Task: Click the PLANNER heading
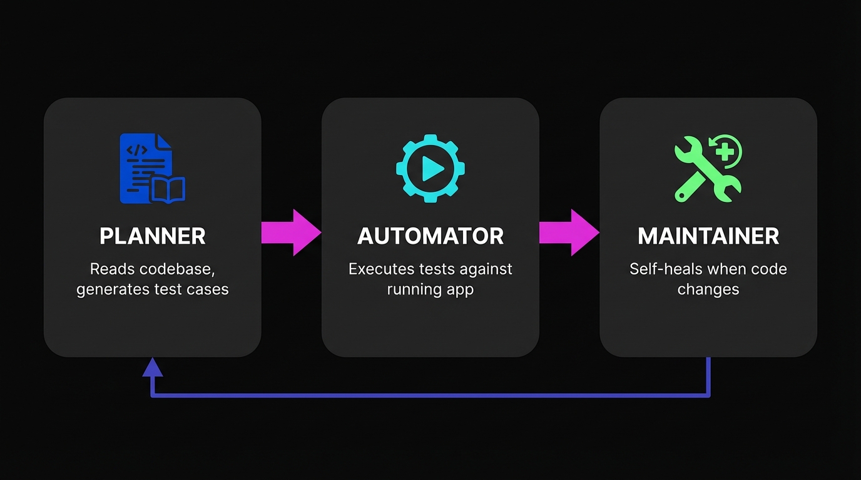click(x=152, y=236)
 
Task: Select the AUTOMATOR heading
click(x=430, y=236)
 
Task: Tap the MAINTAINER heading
click(x=708, y=236)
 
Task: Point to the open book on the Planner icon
click(x=168, y=190)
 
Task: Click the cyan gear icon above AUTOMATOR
click(x=430, y=168)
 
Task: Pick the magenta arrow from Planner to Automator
click(x=291, y=232)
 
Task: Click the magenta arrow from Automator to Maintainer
click(x=569, y=232)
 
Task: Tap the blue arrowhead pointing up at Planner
click(x=152, y=367)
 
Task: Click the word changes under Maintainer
click(x=708, y=289)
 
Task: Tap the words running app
click(x=430, y=289)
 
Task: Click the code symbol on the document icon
click(x=137, y=150)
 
